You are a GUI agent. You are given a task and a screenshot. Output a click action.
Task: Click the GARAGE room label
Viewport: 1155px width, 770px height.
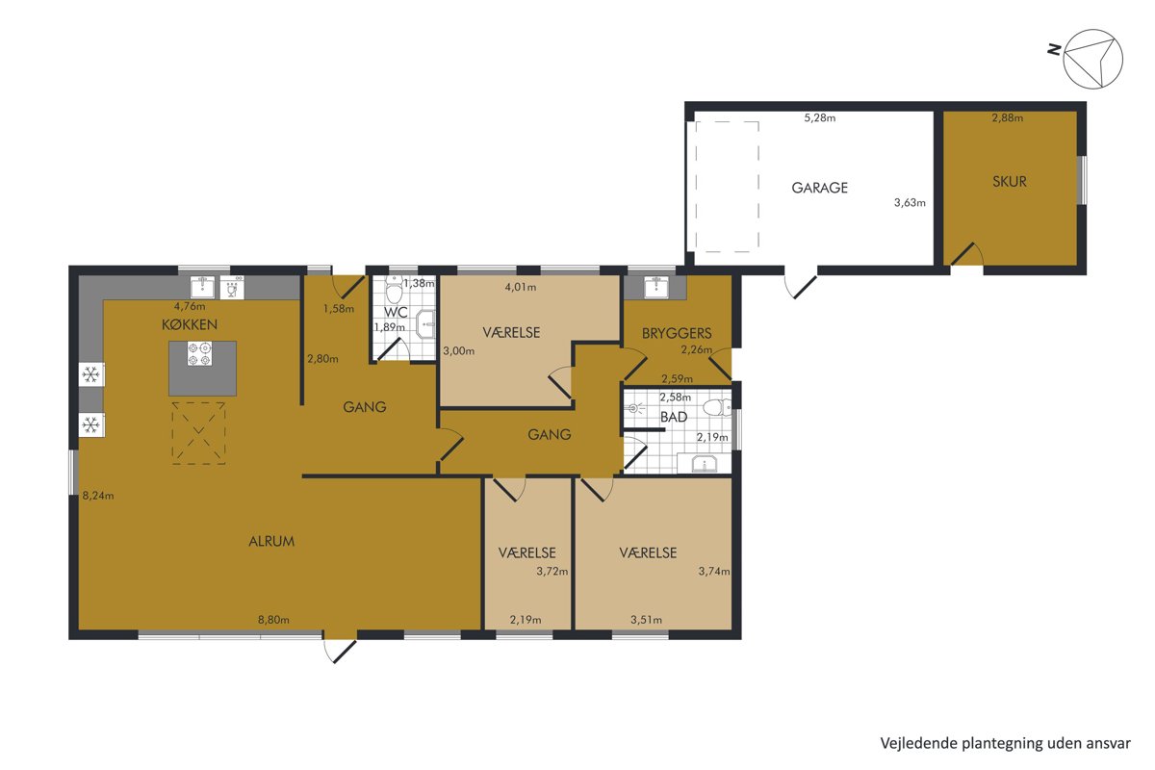[819, 188]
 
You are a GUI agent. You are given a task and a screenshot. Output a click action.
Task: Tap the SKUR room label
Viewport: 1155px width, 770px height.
[1009, 182]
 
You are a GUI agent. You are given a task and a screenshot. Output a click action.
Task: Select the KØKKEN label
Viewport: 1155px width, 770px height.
[190, 324]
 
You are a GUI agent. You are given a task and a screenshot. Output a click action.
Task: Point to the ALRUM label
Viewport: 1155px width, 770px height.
[271, 542]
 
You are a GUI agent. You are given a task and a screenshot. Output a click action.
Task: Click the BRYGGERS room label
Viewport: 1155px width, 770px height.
[677, 333]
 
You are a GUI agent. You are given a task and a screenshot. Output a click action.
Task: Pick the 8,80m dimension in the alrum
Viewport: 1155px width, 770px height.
[273, 620]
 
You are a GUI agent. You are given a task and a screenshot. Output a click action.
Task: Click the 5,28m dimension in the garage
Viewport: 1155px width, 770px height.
[820, 118]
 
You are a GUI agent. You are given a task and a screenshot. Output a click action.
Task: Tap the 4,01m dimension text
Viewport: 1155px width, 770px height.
[521, 287]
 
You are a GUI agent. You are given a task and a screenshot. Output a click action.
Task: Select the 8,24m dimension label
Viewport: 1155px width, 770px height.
[98, 496]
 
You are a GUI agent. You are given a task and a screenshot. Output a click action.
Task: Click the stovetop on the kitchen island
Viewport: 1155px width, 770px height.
[199, 354]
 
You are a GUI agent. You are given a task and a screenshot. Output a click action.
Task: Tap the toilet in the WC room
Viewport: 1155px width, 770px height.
[395, 290]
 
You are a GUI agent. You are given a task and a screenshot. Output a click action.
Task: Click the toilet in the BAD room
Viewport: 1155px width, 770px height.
[717, 407]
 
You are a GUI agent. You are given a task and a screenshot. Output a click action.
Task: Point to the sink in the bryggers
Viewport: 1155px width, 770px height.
[655, 287]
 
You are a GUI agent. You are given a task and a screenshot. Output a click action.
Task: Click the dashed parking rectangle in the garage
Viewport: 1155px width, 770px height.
[727, 187]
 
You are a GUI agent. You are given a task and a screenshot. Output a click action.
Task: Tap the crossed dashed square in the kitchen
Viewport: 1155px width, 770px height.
[198, 433]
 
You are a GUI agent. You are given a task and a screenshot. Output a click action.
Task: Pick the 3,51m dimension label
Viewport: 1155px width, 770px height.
[646, 620]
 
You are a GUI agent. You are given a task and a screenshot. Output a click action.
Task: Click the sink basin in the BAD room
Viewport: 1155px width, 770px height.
[704, 464]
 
